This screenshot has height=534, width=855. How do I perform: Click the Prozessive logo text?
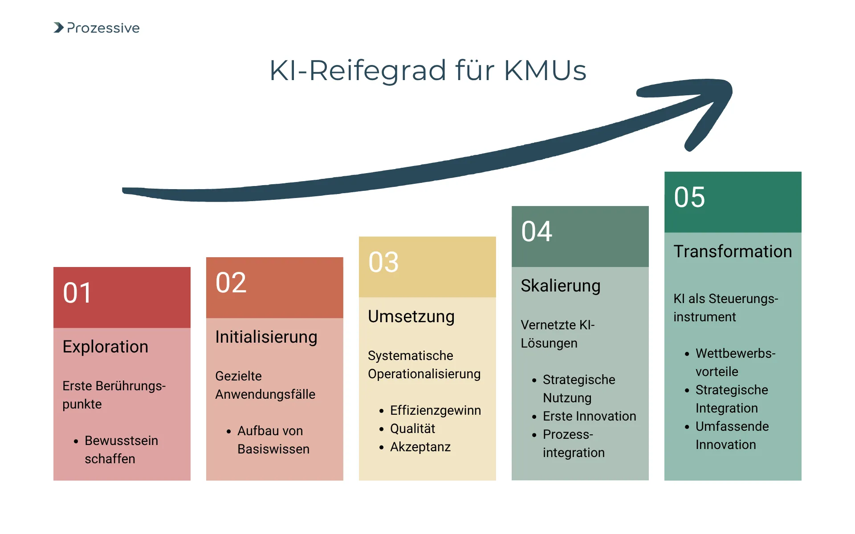click(103, 28)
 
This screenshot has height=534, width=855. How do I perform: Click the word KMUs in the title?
click(545, 70)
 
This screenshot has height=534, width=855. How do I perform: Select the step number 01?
click(77, 293)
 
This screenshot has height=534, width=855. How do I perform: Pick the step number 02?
click(231, 283)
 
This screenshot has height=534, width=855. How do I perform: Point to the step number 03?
click(383, 262)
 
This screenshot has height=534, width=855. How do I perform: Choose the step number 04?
click(537, 232)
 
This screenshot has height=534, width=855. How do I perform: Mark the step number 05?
click(689, 198)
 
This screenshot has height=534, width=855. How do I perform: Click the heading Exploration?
click(105, 347)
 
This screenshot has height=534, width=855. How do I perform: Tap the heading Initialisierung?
click(266, 337)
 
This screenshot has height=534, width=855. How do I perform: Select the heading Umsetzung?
click(411, 316)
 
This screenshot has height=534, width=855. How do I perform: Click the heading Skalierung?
click(561, 286)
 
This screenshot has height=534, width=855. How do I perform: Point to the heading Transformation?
click(733, 251)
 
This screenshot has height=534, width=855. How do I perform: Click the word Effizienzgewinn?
click(435, 410)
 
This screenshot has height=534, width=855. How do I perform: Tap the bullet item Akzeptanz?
click(420, 447)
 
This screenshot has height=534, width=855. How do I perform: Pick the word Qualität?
click(412, 429)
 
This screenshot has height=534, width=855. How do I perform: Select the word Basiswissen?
click(273, 449)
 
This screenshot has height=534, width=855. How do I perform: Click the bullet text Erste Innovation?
click(589, 416)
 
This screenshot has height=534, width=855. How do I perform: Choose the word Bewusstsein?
click(121, 441)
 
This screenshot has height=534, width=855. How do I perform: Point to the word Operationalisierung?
click(424, 374)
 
